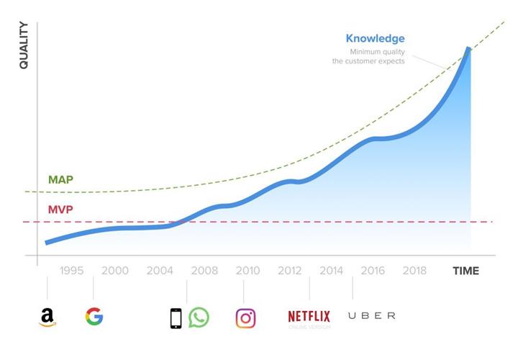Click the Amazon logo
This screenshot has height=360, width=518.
click(47, 317)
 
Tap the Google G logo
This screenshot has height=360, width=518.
click(94, 316)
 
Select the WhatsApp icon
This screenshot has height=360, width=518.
click(199, 318)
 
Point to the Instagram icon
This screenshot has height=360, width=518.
click(245, 318)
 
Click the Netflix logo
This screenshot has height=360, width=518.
click(309, 316)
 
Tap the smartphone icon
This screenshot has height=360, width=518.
click(176, 318)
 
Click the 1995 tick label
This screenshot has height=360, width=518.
click(71, 271)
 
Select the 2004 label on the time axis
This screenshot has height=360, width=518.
click(160, 271)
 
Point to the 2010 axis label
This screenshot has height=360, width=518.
click(247, 271)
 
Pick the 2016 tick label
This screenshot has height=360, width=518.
click(373, 271)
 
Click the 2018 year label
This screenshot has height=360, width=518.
click(414, 271)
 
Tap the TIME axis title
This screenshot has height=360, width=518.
click(465, 271)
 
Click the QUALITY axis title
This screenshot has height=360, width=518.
click(24, 45)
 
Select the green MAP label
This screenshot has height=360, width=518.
click(60, 179)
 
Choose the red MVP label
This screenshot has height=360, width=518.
click(60, 210)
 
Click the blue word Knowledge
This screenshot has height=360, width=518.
click(375, 38)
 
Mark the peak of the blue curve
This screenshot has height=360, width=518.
click(469, 49)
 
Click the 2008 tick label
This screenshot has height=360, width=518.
click(204, 271)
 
